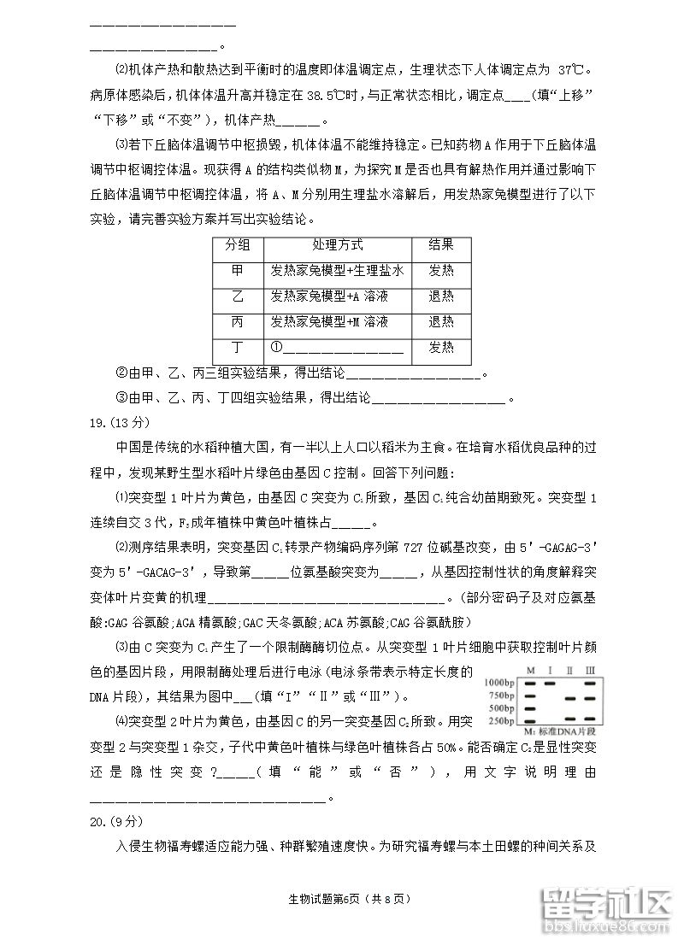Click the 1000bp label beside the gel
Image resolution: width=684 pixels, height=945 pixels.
point(500,683)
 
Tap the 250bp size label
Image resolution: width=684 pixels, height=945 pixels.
point(503,720)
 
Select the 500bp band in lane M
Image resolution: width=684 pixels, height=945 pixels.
point(530,708)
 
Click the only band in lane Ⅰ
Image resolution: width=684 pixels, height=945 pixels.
point(550,683)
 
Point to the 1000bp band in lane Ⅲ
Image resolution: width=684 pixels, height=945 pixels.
point(590,683)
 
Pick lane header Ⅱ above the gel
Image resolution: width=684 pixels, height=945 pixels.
point(570,669)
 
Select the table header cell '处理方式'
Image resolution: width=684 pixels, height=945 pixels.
point(337,245)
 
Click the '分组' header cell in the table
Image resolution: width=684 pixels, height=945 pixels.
point(238,245)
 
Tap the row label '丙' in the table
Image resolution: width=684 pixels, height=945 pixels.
point(238,322)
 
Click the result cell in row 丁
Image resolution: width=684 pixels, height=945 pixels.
point(441,348)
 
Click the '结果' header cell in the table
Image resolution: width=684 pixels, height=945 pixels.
point(441,245)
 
